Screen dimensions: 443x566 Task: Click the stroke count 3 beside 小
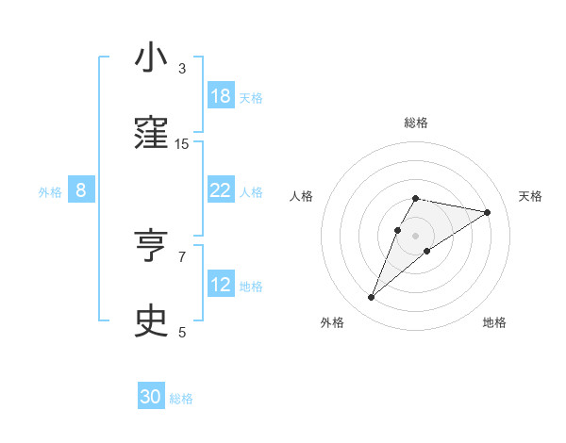tap(182, 69)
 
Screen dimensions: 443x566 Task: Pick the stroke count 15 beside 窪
tap(182, 143)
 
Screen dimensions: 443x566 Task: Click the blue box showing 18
tap(220, 96)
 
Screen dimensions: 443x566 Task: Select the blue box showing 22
tap(220, 190)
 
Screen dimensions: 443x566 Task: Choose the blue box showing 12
tap(220, 285)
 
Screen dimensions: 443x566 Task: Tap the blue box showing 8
tap(81, 190)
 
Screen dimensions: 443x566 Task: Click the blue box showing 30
tap(151, 397)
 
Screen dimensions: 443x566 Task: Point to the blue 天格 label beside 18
tap(251, 97)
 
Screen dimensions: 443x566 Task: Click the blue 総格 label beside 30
tap(181, 399)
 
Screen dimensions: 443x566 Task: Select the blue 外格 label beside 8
tap(50, 192)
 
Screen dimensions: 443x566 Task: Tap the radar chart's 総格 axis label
tap(415, 123)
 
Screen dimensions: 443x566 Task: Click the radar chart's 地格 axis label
tap(494, 322)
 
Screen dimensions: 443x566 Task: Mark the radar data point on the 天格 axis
tap(488, 212)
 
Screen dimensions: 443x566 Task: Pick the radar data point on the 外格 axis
tap(371, 297)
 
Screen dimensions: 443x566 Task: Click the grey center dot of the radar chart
tap(415, 236)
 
